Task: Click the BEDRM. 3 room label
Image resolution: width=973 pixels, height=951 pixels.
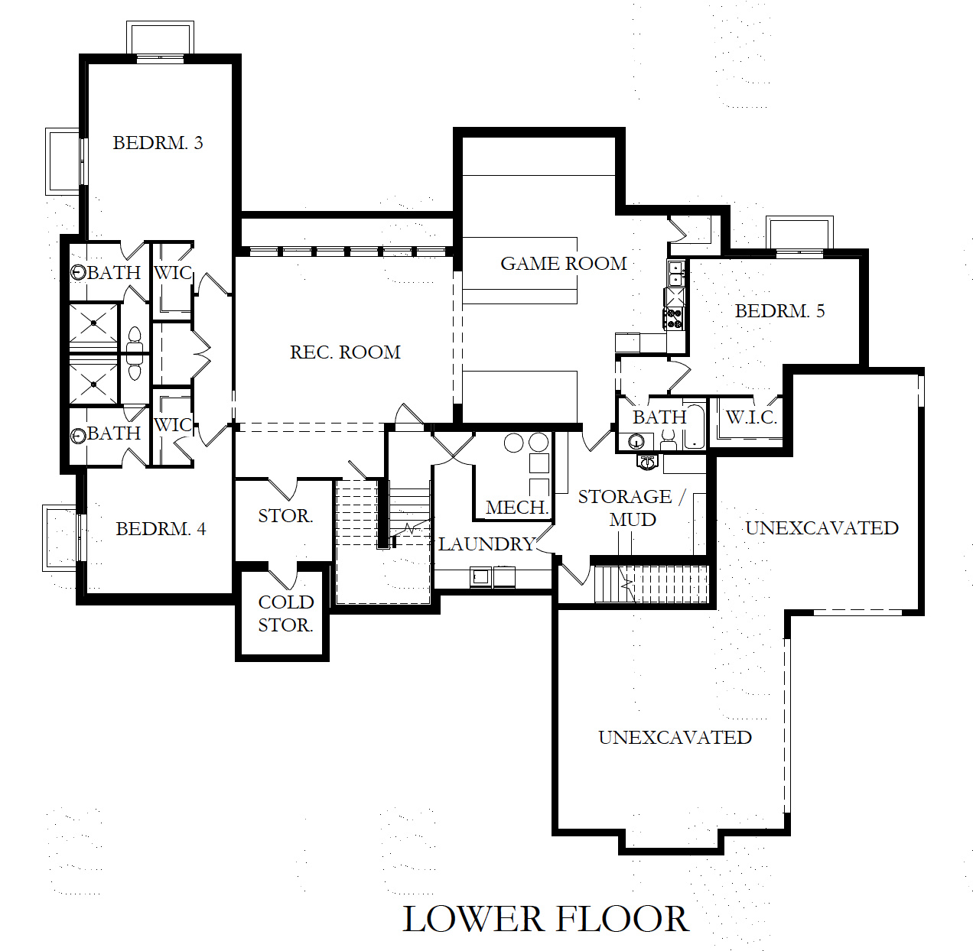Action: pos(158,143)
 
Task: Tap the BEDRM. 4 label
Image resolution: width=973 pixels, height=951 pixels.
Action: pos(161,529)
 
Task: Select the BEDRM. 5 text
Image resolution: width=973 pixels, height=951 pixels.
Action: pos(779,311)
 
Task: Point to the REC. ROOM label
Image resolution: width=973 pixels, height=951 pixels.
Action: pos(345,352)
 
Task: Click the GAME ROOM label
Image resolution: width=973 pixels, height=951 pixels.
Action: pos(564,264)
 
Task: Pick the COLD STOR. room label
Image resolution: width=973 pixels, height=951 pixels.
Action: pos(285,614)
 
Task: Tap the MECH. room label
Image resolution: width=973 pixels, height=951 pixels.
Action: pos(517,508)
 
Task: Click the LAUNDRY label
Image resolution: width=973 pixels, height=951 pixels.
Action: pos(486,544)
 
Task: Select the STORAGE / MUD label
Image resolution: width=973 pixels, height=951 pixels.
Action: pos(631,508)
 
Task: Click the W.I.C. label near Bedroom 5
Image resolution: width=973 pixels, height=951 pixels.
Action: pos(751,417)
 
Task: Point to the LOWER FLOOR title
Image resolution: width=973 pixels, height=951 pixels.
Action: pos(545,919)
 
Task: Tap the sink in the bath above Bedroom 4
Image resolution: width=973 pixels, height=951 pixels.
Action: pos(79,436)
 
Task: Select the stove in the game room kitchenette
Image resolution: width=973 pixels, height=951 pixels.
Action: pos(673,318)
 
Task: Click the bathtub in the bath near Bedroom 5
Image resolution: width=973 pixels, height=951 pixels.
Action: pos(695,427)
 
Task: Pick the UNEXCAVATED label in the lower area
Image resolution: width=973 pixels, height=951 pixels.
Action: pos(675,738)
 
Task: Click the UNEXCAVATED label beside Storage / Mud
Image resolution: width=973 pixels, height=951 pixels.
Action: pos(822,528)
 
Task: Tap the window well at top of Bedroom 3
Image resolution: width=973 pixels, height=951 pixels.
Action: pos(161,38)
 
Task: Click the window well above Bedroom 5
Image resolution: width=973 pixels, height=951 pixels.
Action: pos(799,233)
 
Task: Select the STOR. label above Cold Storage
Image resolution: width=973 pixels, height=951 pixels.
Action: pos(285,516)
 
